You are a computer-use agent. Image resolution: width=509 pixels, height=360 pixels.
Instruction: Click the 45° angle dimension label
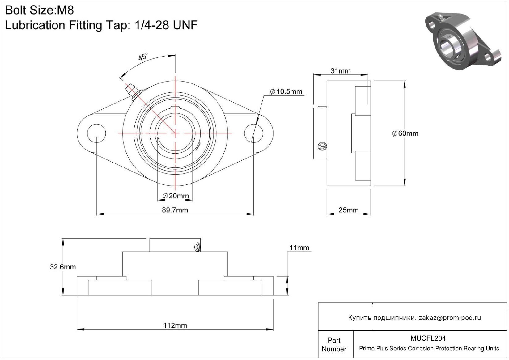click(x=143, y=57)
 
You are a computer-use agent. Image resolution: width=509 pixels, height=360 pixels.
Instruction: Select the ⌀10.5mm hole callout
click(x=286, y=91)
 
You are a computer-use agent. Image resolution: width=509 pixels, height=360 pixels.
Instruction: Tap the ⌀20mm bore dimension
click(x=176, y=196)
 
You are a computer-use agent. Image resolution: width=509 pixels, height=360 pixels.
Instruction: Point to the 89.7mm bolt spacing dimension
click(x=175, y=210)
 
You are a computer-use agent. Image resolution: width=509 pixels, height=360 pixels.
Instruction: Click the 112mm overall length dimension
click(x=175, y=325)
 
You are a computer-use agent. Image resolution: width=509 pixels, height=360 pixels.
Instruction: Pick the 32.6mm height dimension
click(x=63, y=267)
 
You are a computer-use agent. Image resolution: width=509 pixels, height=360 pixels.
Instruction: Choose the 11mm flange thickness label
click(x=299, y=248)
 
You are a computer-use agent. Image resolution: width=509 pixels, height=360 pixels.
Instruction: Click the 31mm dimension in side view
click(x=341, y=71)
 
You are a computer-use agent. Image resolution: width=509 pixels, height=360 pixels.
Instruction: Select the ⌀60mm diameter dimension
click(x=405, y=133)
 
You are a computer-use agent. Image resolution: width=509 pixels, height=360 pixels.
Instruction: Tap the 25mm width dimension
click(x=349, y=210)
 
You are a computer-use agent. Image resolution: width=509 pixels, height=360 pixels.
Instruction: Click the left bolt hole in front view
click(x=96, y=133)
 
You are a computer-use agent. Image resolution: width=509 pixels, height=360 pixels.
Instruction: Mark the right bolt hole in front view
click(x=253, y=133)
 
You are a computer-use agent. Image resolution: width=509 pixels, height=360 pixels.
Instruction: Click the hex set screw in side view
click(x=322, y=146)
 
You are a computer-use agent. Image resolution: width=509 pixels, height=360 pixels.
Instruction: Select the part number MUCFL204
click(x=428, y=338)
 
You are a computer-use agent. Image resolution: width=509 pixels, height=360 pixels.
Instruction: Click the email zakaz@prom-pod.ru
click(x=450, y=318)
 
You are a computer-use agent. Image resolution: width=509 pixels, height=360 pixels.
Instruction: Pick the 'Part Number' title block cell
click(x=334, y=345)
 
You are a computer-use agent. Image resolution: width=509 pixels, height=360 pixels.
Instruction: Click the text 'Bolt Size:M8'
click(x=40, y=11)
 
